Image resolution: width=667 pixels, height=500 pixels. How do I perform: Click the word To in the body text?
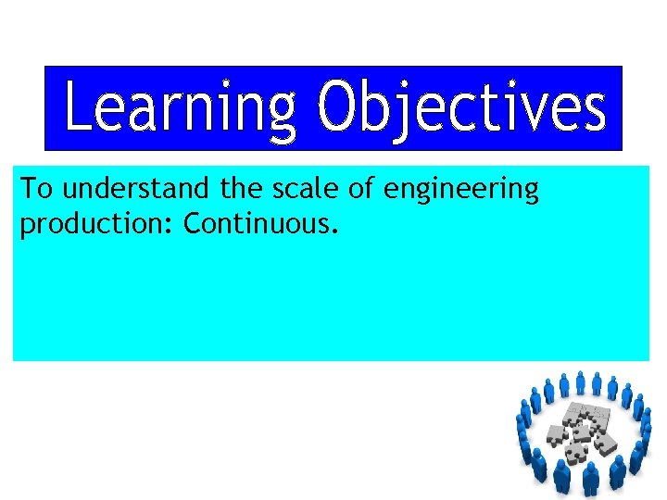36,190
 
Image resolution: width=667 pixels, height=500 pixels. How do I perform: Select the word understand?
135,190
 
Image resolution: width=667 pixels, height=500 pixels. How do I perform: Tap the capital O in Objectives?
337,109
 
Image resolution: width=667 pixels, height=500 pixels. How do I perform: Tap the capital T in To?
28,190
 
